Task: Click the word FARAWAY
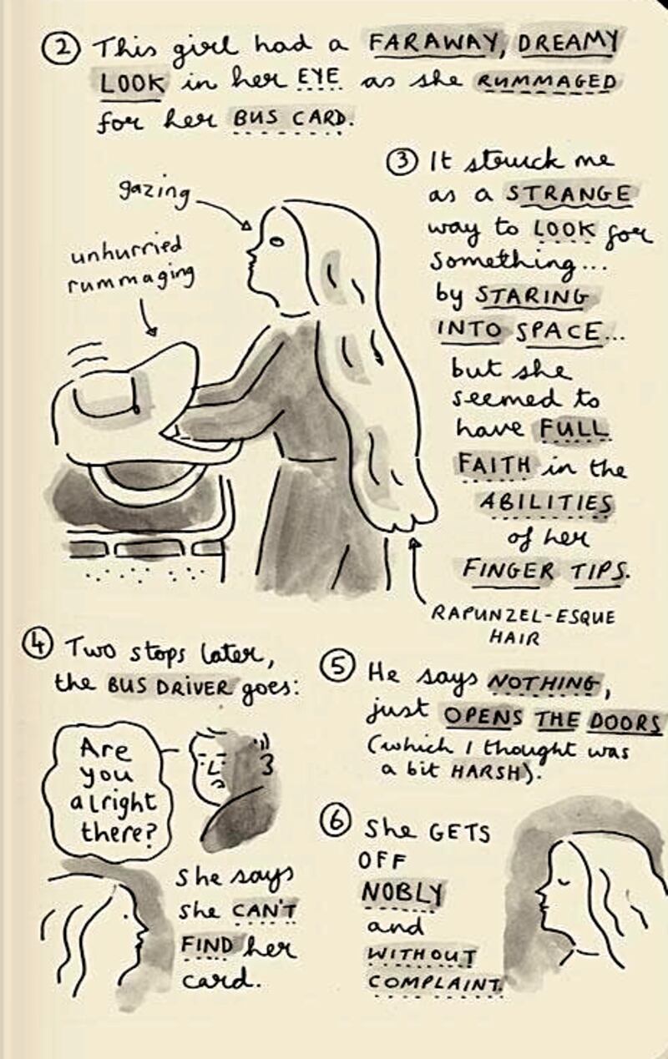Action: [x=433, y=46]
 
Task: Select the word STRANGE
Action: [x=569, y=195]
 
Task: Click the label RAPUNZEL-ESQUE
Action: [x=524, y=616]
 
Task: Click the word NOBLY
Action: [x=402, y=893]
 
